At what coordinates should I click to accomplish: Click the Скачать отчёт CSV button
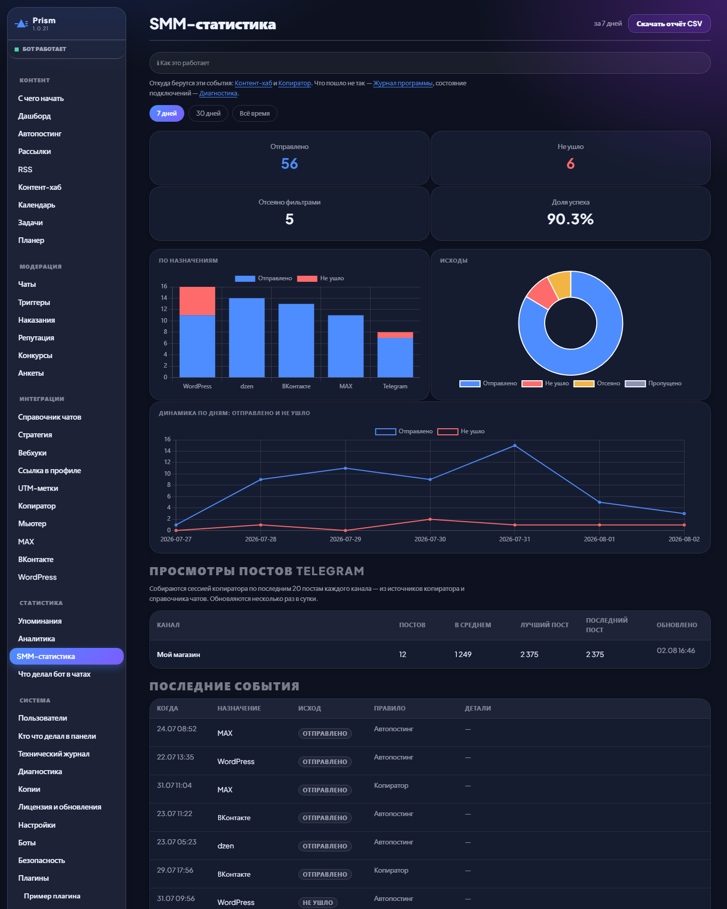point(669,24)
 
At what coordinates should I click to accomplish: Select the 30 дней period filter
point(208,114)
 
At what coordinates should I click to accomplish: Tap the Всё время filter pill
point(254,114)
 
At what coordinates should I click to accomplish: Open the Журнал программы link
point(403,83)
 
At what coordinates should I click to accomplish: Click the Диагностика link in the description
point(218,93)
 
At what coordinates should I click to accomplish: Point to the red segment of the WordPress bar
point(197,301)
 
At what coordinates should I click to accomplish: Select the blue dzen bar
point(247,338)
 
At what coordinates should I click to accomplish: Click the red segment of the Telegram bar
point(395,335)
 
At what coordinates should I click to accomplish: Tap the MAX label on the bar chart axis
point(346,386)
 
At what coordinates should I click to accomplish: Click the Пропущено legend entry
point(653,383)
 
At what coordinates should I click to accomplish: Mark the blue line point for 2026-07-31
point(515,445)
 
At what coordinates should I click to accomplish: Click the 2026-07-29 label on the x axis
point(345,539)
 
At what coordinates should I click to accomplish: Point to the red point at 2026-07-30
point(430,519)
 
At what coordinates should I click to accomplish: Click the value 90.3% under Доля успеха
point(570,219)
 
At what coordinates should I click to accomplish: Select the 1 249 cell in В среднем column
point(463,654)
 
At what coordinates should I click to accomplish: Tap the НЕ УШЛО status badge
point(318,902)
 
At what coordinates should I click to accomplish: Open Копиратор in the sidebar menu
point(37,506)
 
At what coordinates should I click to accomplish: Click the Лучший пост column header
point(544,625)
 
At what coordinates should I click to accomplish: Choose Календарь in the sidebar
point(37,205)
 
